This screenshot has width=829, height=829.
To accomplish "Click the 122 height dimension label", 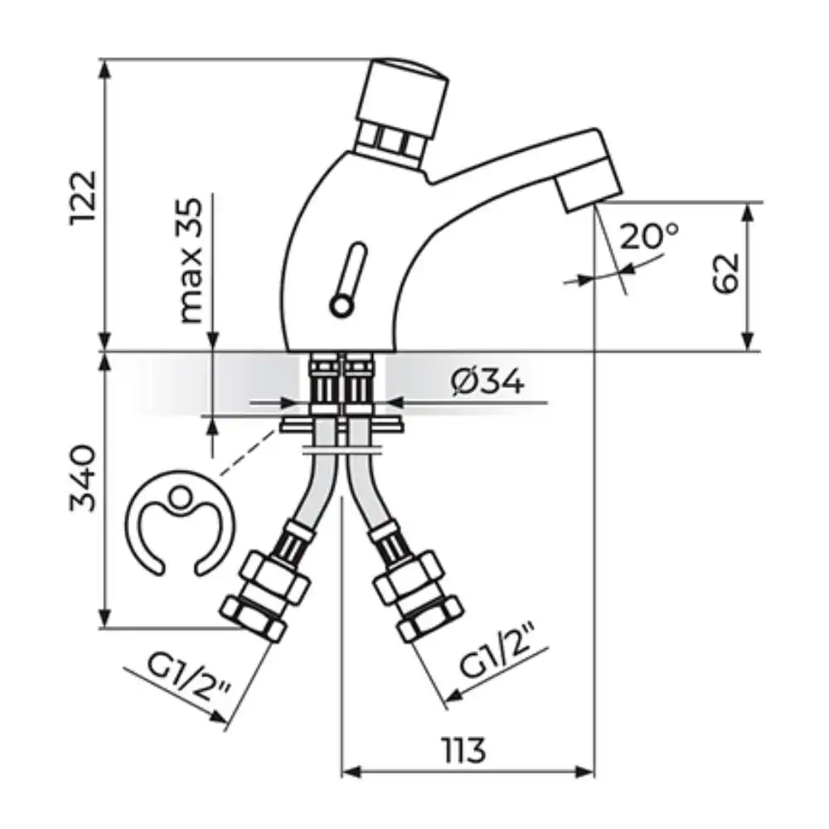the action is pyautogui.click(x=85, y=198).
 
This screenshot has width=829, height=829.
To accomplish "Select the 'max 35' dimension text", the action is pyautogui.click(x=191, y=260).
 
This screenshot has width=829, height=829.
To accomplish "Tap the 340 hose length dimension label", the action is pyautogui.click(x=85, y=479).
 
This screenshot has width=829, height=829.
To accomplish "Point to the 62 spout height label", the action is pyautogui.click(x=725, y=274).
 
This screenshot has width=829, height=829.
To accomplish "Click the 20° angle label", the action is pyautogui.click(x=649, y=235).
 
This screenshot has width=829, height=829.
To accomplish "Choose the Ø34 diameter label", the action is pyautogui.click(x=488, y=381).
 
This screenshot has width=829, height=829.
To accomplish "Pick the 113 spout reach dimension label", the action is pyautogui.click(x=463, y=750).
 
